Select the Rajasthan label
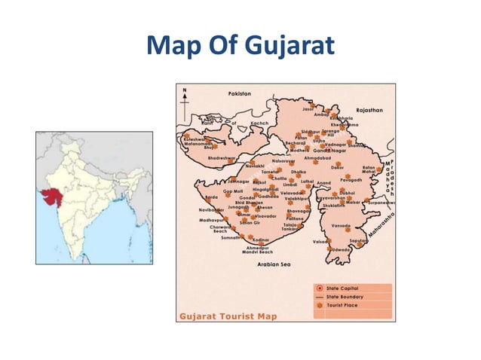pyautogui.click(x=369, y=110)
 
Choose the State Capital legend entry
pyautogui.click(x=342, y=288)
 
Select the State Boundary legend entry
pyautogui.click(x=344, y=297)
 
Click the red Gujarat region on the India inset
pyautogui.click(x=51, y=194)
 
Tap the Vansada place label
pyautogui.click(x=341, y=225)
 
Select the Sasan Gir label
pyautogui.click(x=250, y=223)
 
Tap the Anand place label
pyautogui.click(x=323, y=183)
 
